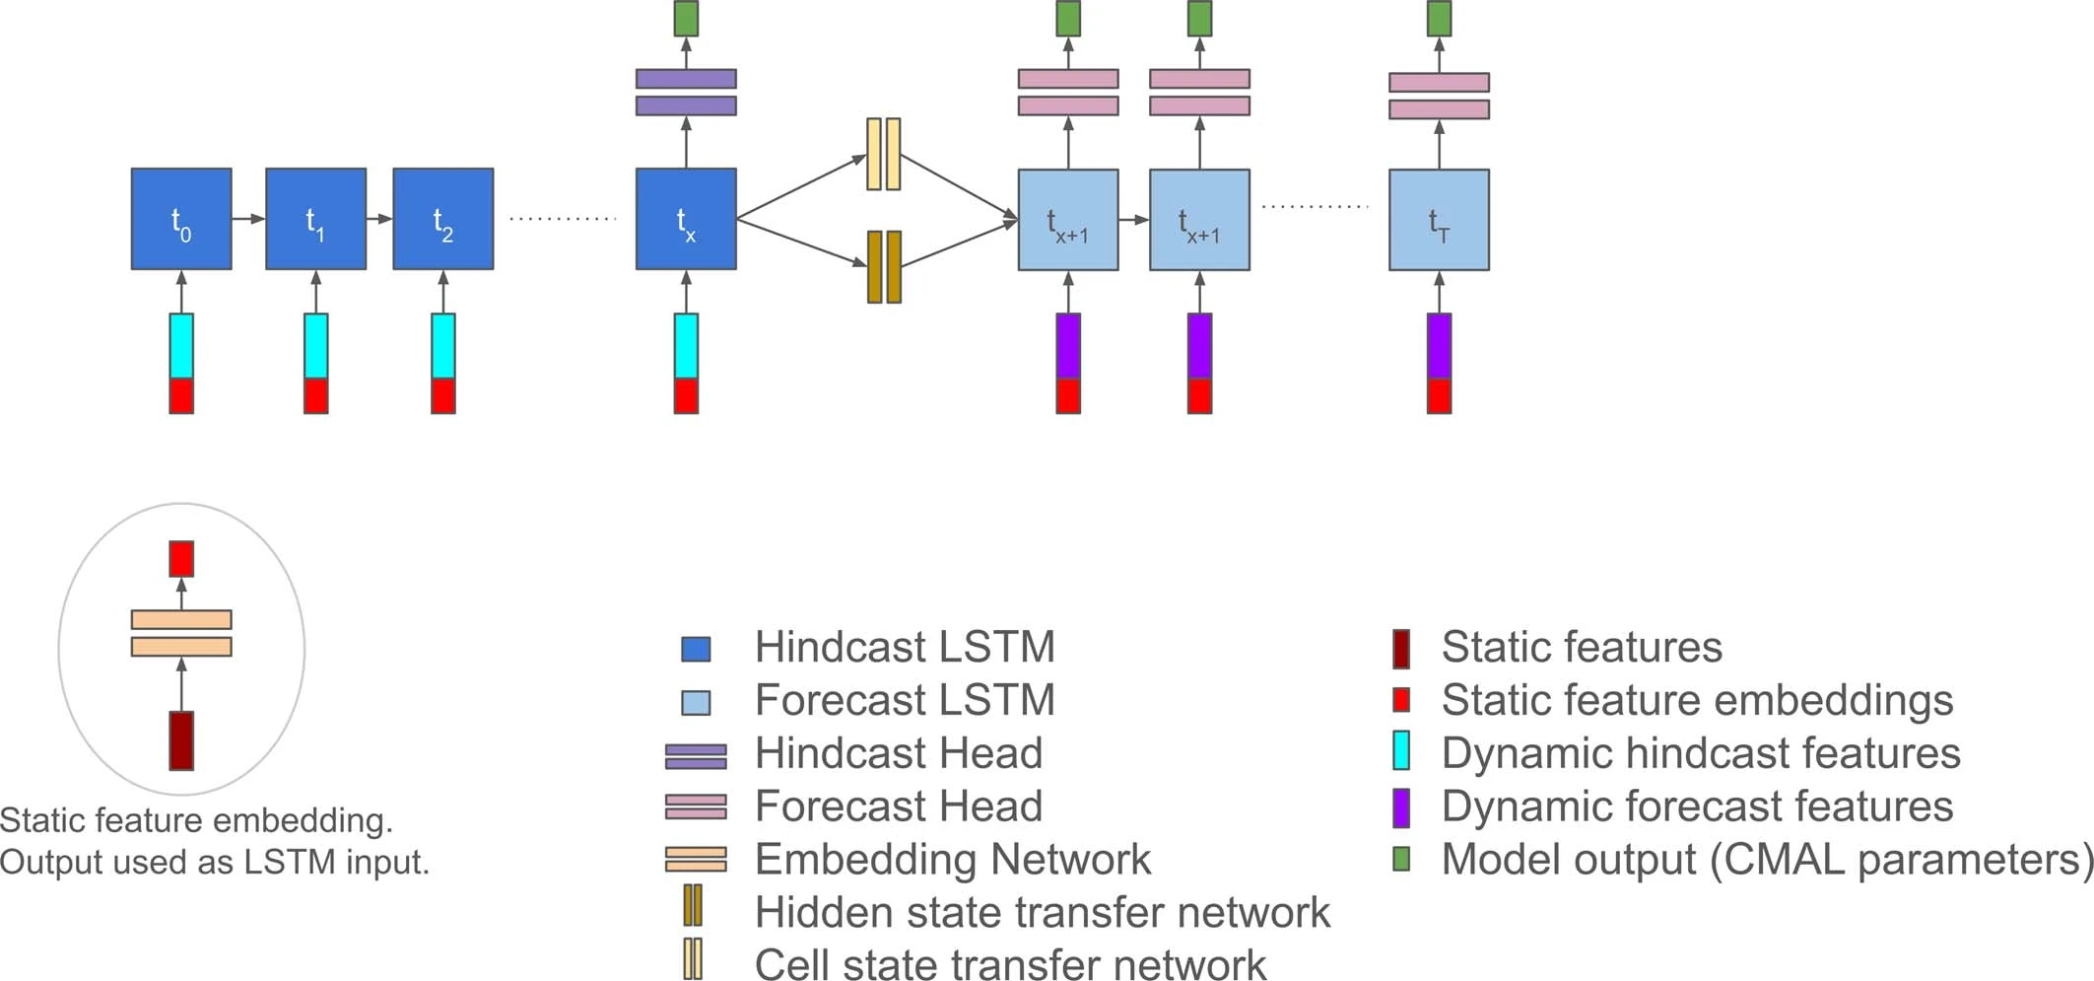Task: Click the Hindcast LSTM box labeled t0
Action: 181,219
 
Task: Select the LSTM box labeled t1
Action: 315,219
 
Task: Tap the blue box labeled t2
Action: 443,219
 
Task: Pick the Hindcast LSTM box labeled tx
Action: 686,219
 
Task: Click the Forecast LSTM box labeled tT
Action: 1439,220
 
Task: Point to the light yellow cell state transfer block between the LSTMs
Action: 884,154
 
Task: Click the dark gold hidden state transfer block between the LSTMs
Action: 884,267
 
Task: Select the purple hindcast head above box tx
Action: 686,92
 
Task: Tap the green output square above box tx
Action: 686,19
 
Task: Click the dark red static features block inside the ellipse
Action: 181,740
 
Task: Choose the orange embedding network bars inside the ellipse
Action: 181,633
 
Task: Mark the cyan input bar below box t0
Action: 181,346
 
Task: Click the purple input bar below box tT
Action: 1439,346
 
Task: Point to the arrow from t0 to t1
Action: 248,219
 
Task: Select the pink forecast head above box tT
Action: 1439,96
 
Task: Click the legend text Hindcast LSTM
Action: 905,648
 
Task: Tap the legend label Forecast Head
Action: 899,806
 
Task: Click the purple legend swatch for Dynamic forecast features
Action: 1400,807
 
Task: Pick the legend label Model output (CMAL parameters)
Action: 1768,860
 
